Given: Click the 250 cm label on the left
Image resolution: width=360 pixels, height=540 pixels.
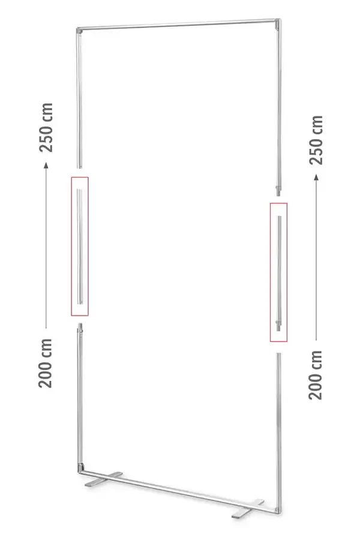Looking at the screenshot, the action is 46,127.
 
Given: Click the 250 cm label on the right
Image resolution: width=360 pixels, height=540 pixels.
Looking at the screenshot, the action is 316,140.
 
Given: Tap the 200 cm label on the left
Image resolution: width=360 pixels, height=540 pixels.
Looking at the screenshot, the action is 45,363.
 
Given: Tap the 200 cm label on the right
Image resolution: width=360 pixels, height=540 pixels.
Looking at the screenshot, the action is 315,375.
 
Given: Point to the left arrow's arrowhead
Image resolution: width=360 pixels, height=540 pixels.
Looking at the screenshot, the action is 46,166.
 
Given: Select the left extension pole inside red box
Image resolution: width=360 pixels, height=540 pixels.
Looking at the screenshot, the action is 80,246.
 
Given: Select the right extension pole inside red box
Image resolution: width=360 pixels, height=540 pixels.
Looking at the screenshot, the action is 279,273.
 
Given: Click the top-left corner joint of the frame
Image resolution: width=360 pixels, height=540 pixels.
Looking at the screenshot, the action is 79,32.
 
